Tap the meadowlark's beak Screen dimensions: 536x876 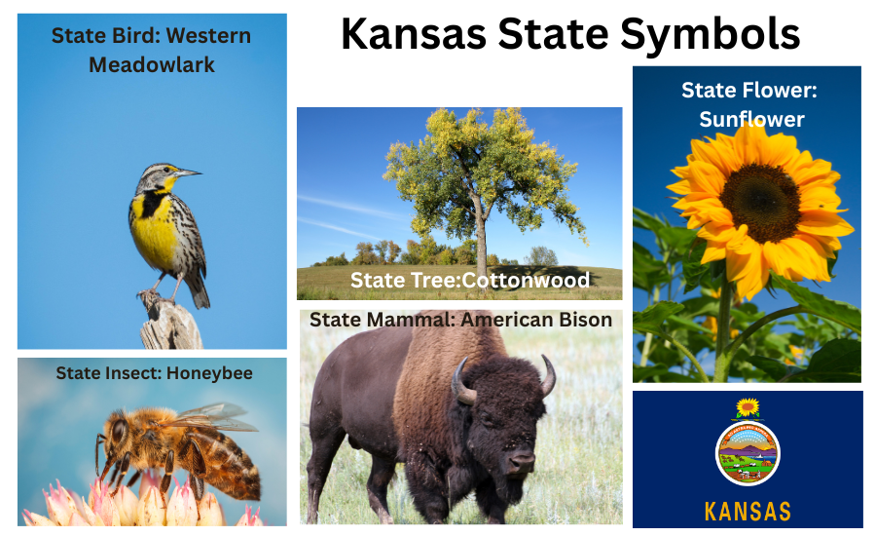click(x=190, y=172)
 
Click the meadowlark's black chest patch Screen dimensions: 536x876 click(x=150, y=205)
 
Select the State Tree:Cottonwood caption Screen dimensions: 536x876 click(x=470, y=281)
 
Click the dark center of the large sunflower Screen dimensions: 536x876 click(x=760, y=202)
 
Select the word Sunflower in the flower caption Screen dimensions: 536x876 click(x=751, y=119)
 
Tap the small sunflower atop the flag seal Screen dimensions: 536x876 click(x=748, y=407)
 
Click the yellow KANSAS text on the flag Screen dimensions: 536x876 click(x=748, y=511)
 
